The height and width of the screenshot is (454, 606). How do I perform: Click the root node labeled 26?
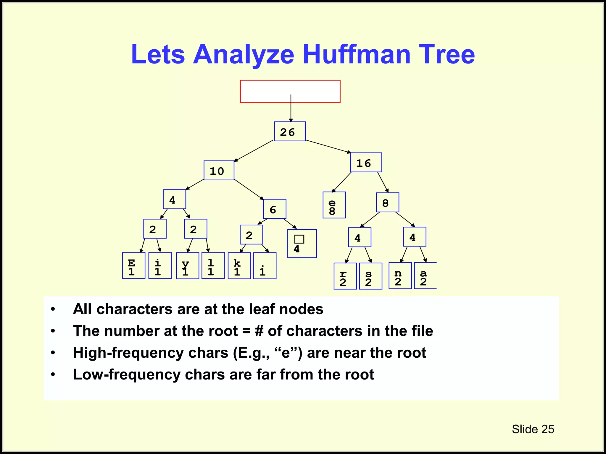(290, 132)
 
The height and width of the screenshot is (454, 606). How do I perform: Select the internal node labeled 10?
(219, 171)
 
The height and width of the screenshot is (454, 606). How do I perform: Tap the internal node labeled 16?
(366, 163)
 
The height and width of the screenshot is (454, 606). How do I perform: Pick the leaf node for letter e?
(334, 205)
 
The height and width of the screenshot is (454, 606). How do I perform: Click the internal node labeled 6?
(275, 209)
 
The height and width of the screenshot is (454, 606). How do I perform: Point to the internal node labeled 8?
(387, 202)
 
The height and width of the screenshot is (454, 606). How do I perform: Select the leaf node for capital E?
(133, 265)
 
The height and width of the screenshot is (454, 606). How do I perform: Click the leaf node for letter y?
(187, 266)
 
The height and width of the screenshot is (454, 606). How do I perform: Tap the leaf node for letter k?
(239, 266)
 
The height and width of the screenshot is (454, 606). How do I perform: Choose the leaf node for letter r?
(345, 276)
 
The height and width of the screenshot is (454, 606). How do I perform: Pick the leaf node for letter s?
(370, 276)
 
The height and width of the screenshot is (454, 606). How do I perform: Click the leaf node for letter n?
(400, 275)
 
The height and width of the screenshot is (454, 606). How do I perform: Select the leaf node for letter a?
(425, 275)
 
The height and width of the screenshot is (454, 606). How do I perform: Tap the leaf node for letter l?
(213, 265)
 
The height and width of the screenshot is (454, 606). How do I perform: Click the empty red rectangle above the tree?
(290, 91)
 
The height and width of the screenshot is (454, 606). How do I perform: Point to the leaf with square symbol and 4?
(302, 244)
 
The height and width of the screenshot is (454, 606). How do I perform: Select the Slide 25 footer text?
(533, 429)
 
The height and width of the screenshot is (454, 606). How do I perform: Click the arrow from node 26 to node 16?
(328, 147)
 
